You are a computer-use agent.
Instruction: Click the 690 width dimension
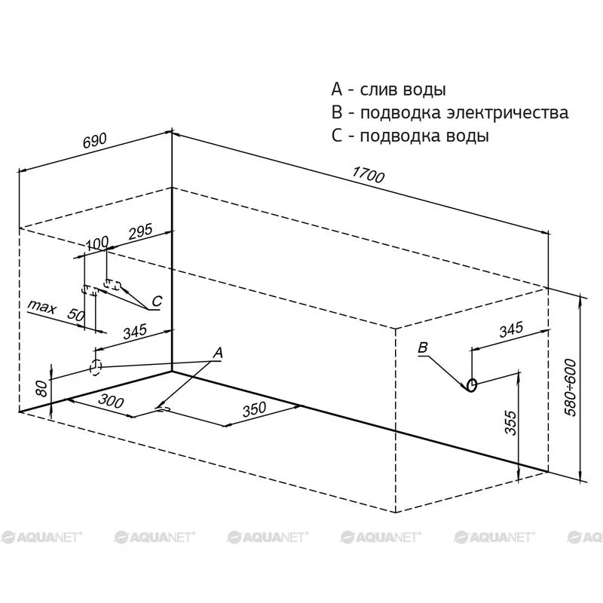(95, 141)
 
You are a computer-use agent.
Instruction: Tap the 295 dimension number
(140, 231)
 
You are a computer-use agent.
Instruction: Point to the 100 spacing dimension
(97, 243)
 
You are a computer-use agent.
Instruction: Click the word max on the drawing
(42, 307)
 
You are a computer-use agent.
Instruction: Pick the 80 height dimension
(42, 387)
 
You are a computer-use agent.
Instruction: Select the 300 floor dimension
(111, 401)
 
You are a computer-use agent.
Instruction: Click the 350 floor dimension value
(254, 409)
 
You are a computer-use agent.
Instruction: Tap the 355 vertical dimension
(510, 423)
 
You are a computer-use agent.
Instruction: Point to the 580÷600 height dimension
(571, 387)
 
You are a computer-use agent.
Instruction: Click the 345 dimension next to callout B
(511, 329)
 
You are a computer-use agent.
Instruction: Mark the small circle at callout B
(472, 384)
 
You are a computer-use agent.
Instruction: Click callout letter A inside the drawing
(218, 352)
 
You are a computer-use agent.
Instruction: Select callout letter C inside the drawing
(157, 301)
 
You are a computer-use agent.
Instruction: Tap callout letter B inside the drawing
(423, 347)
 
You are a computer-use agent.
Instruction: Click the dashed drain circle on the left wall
(96, 368)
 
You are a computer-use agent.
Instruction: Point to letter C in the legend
(336, 136)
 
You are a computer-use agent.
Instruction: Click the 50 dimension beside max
(76, 315)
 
